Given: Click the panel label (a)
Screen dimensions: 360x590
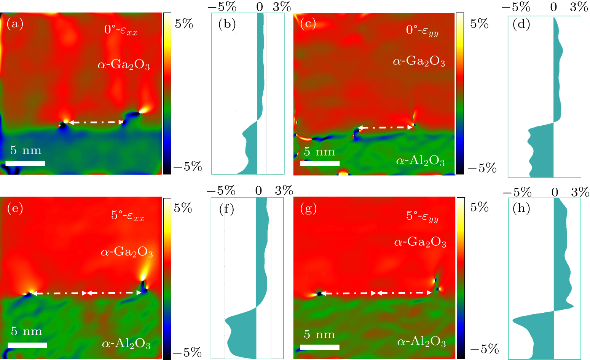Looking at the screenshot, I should [15, 24].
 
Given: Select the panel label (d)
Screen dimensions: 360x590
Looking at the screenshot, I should [521, 24].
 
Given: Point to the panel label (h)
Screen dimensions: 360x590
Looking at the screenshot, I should [521, 208].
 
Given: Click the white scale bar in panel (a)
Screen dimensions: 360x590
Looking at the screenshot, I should [25, 163].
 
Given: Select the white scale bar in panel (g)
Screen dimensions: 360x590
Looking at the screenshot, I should [319, 347].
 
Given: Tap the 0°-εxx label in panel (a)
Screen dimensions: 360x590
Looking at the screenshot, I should [121, 30].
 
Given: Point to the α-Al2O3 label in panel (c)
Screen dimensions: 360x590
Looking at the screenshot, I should [420, 161].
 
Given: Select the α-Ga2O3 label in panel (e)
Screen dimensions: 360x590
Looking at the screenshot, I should [127, 252].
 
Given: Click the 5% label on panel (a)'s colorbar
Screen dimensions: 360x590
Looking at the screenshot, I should [184, 24].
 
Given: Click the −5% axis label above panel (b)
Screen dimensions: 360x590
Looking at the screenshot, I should [222, 6].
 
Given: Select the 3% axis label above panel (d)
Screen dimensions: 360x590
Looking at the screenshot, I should [579, 6].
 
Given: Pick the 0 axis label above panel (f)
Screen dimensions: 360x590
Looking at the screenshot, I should [258, 190].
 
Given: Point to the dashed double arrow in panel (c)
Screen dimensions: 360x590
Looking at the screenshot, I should [385, 128].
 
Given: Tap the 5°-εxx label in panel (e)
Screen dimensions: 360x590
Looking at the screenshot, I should [128, 216].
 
